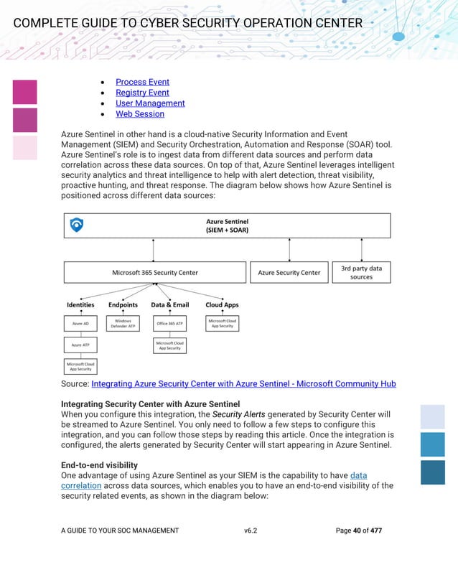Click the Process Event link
tap(142, 82)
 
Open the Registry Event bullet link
tap(142, 93)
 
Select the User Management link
tap(150, 103)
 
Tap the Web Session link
tap(140, 114)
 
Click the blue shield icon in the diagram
tap(77, 225)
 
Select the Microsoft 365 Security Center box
tap(155, 272)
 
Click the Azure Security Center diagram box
tap(289, 272)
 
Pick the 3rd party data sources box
tap(361, 272)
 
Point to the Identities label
tap(80, 305)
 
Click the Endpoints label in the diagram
tap(123, 305)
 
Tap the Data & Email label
tap(170, 305)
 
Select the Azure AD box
tap(80, 324)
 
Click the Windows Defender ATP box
tap(123, 324)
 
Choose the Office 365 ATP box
tap(170, 324)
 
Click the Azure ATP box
tap(80, 345)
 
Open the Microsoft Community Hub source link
tap(243, 384)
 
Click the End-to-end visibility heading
tap(99, 465)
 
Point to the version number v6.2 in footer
tap(251, 531)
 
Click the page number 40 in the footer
tap(357, 531)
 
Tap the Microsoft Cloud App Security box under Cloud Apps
tap(222, 324)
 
